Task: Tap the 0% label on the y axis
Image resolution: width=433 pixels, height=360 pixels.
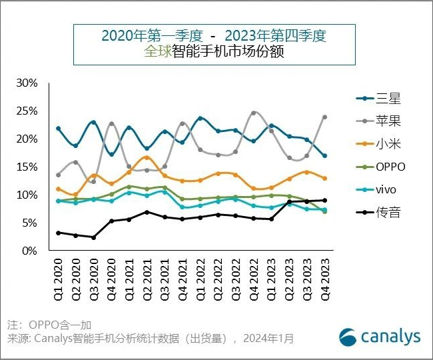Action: (31, 251)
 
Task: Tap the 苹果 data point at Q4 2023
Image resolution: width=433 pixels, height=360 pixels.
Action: (324, 117)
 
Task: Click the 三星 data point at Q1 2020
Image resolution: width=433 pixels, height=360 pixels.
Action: (59, 128)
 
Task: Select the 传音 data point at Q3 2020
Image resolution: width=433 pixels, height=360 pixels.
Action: (94, 237)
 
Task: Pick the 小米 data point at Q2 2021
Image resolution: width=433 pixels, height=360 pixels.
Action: (147, 157)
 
